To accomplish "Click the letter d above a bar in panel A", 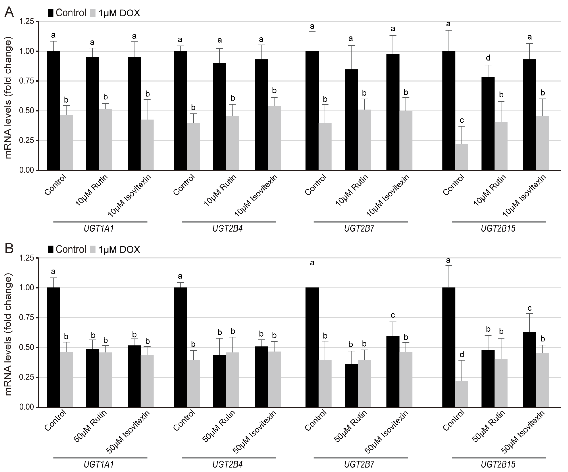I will click(488, 58).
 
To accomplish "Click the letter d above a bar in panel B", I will click(462, 354).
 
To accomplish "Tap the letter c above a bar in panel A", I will click(462, 120).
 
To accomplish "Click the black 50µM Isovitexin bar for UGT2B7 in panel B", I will click(393, 372).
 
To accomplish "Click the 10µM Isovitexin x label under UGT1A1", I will click(129, 196).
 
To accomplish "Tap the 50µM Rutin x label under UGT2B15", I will click(488, 426).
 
